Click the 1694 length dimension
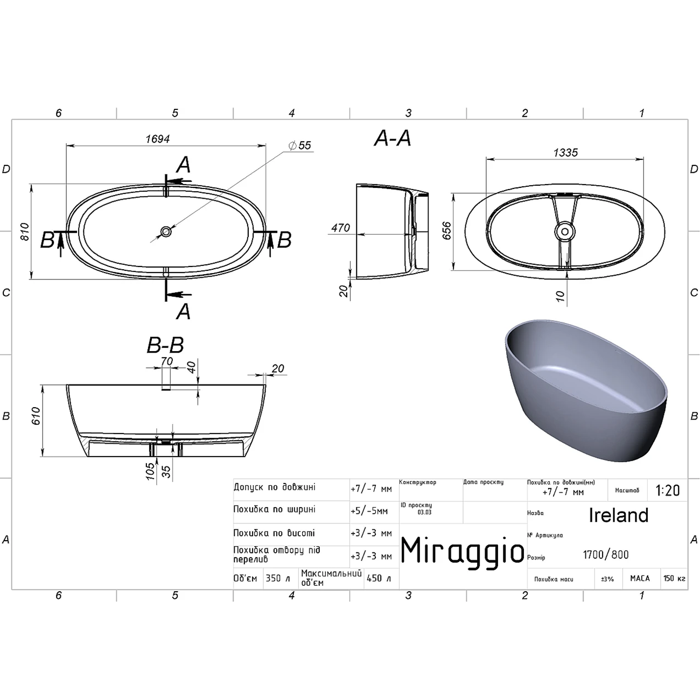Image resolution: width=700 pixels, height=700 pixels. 158,139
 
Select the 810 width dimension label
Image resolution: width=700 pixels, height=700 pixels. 24,232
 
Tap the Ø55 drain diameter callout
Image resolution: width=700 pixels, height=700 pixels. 300,145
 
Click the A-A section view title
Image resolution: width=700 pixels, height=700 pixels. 393,138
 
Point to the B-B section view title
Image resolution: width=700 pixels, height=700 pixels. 165,345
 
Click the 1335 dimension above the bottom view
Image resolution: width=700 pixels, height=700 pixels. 565,152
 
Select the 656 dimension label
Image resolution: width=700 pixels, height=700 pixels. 446,230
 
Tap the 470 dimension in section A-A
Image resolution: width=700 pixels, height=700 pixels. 340,228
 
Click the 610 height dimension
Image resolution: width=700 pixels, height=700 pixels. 36,416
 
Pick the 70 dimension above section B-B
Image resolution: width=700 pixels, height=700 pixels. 167,361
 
